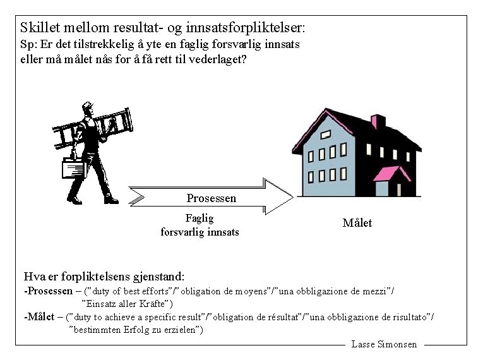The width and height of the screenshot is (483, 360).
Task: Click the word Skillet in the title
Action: (x=42, y=28)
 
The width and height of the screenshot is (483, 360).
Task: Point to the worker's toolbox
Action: (x=73, y=169)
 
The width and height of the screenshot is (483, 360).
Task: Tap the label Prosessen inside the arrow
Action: (x=211, y=198)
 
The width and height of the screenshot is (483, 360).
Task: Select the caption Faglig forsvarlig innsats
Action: (x=200, y=225)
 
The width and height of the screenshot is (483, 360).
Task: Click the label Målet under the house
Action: (x=357, y=223)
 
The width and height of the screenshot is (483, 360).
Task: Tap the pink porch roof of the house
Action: (x=392, y=173)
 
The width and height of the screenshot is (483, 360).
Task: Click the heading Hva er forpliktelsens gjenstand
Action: (x=104, y=276)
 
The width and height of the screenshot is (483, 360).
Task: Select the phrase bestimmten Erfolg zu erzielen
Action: (x=136, y=330)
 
